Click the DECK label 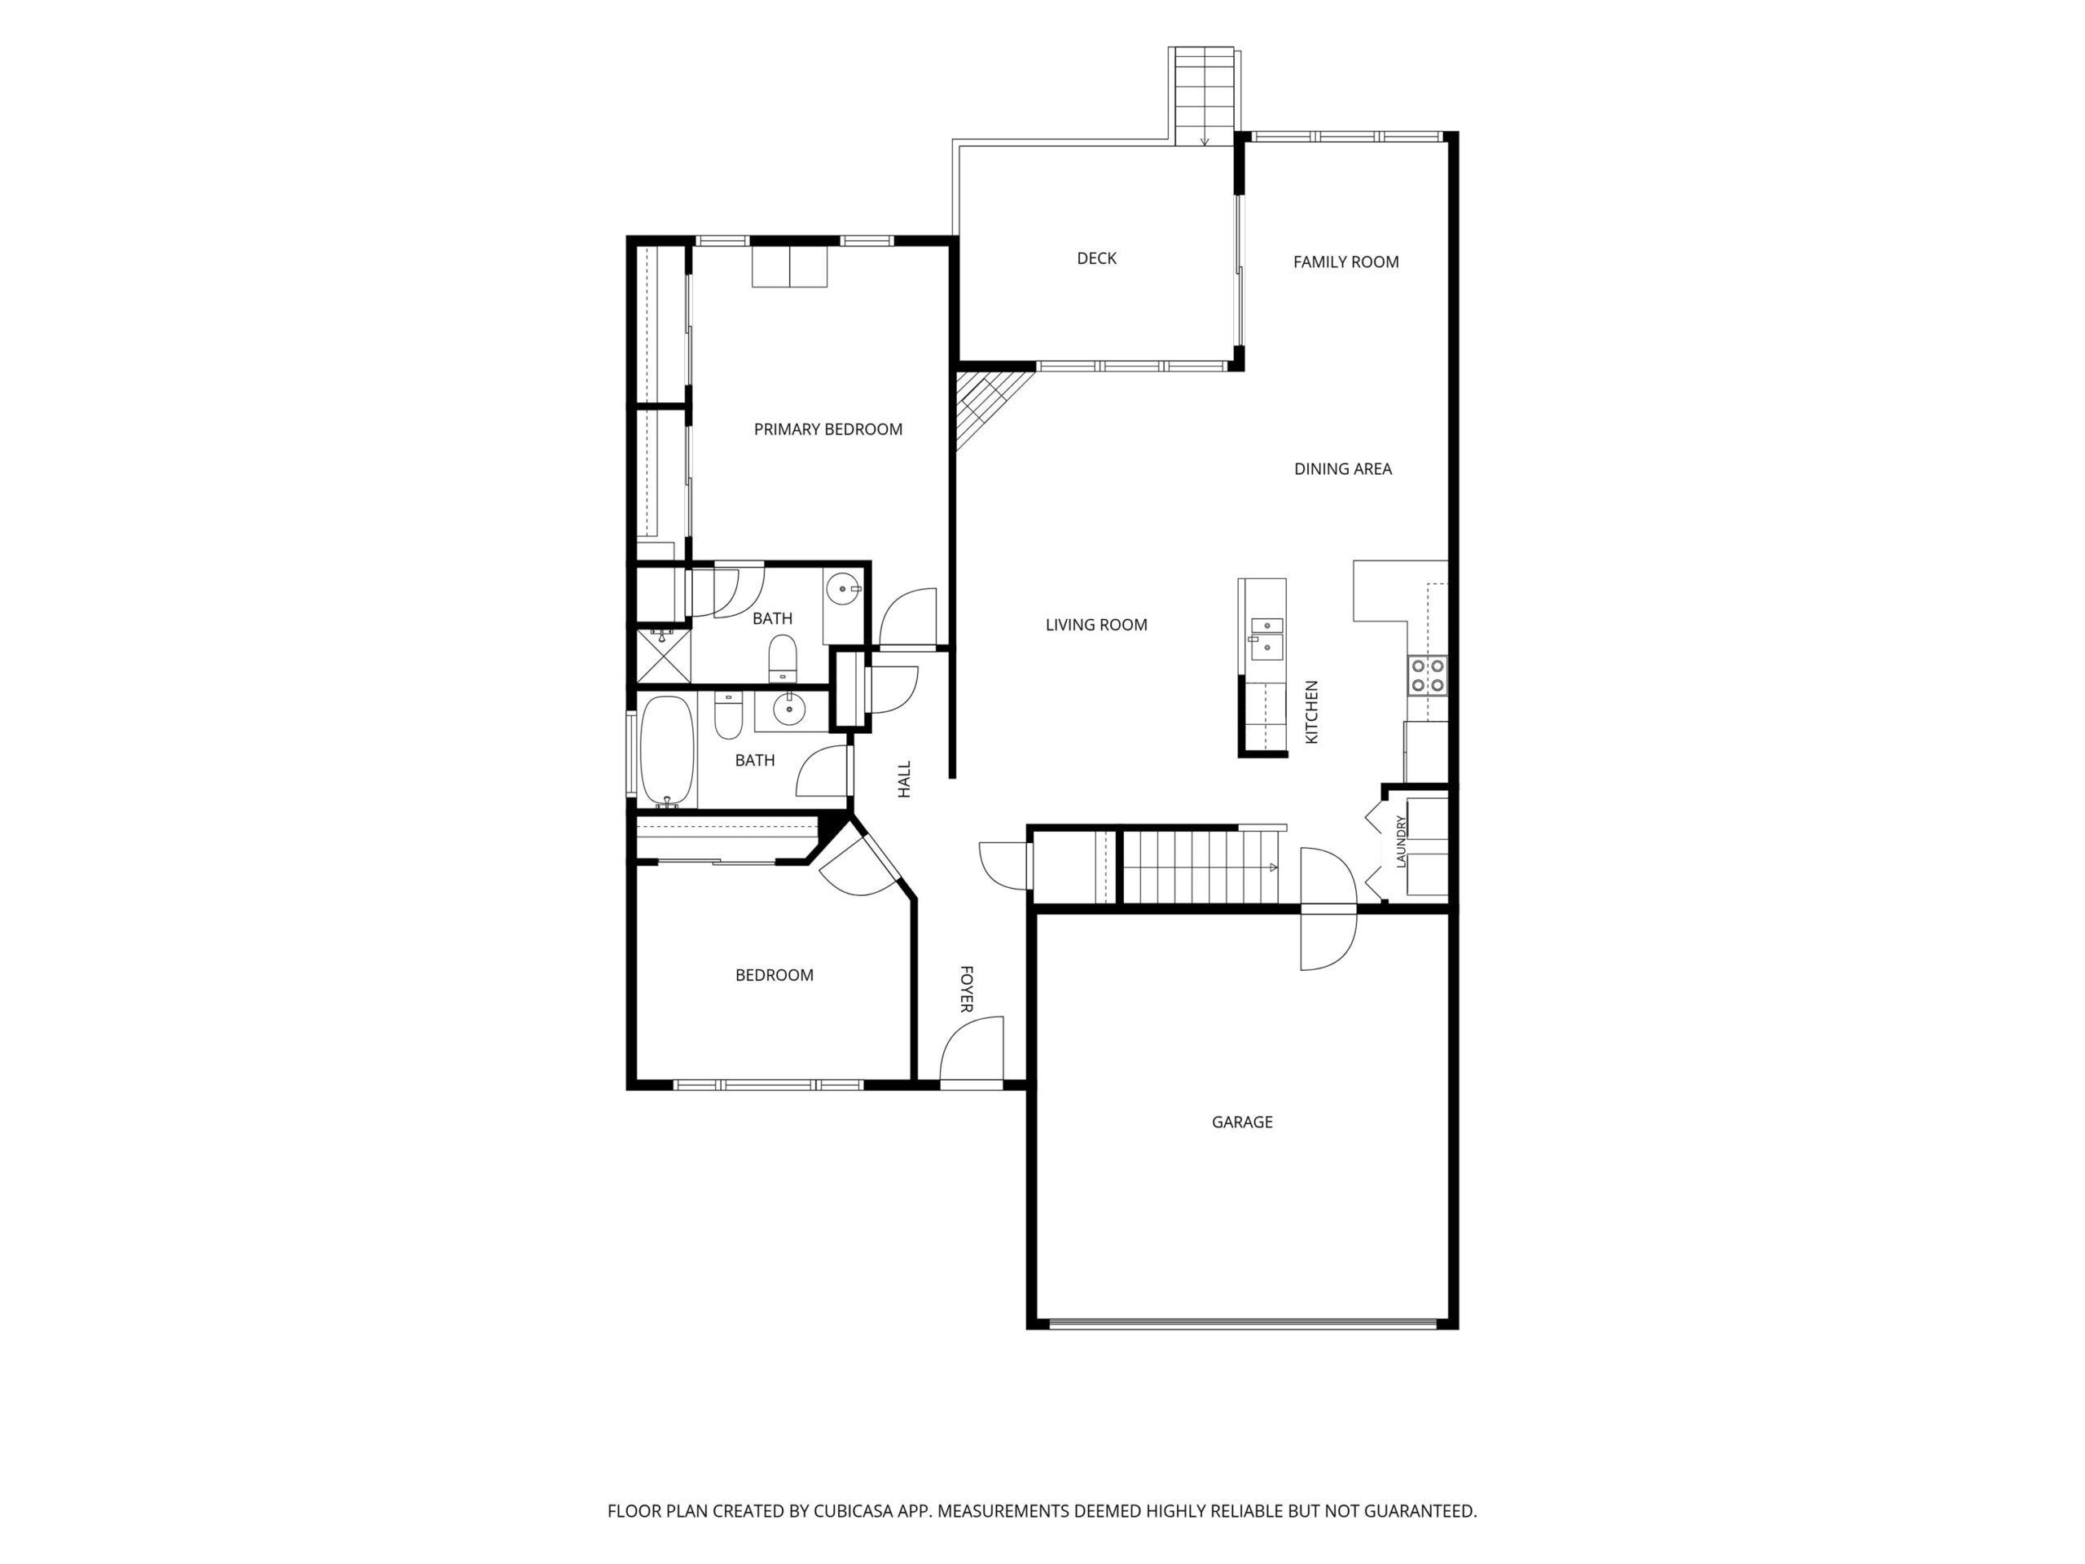[1096, 258]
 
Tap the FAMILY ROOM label [1345, 262]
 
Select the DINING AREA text [1342, 468]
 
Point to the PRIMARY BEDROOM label [827, 430]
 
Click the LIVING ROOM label [1096, 625]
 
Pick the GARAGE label [1241, 1122]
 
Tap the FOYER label [966, 989]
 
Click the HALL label [905, 780]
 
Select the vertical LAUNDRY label [1402, 841]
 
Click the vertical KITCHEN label [1311, 713]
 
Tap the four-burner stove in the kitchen [1428, 675]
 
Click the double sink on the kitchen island [1266, 636]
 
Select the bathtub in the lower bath [667, 753]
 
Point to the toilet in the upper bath [784, 658]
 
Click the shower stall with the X [664, 655]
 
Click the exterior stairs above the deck [1204, 96]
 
